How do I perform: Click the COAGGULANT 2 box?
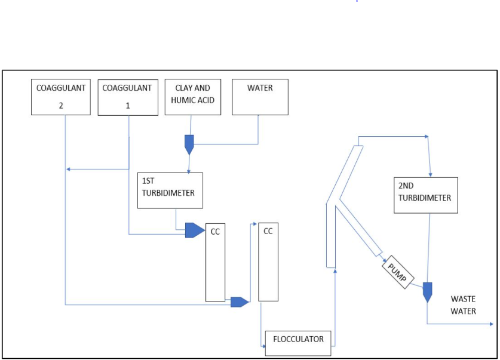(x=60, y=97)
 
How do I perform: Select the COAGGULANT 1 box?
(x=128, y=97)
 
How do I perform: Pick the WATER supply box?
(x=259, y=97)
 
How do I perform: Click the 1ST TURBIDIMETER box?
(x=170, y=190)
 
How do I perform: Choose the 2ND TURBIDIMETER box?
(x=425, y=195)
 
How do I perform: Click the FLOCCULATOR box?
(x=298, y=340)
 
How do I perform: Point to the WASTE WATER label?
(x=463, y=304)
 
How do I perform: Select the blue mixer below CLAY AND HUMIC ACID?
(x=189, y=143)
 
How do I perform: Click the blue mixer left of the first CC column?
(x=194, y=230)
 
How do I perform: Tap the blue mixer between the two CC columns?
(x=239, y=301)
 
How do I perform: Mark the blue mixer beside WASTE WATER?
(x=427, y=291)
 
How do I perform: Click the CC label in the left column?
(x=215, y=232)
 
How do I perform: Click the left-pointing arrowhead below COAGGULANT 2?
(x=68, y=170)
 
